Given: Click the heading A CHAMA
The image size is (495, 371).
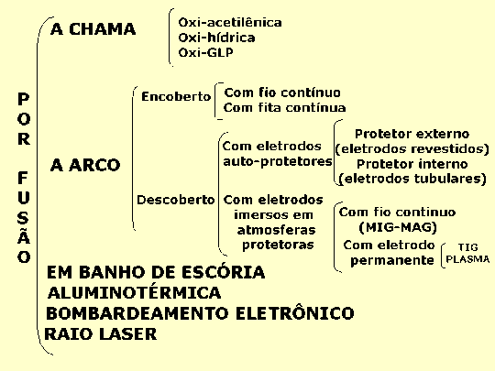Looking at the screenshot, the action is coord(93,29).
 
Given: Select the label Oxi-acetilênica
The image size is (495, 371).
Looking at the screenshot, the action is coord(230,22).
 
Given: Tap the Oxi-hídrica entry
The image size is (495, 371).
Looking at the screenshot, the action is coord(216,38).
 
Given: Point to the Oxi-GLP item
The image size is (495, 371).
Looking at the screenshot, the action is coord(206,52).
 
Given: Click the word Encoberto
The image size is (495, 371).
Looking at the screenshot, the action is coord(176,96).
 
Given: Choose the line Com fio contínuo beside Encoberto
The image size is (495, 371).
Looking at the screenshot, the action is coord(282,93).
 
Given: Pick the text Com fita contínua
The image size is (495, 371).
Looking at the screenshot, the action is coord(284,107).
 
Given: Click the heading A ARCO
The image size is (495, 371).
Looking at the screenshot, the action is coord(85,165).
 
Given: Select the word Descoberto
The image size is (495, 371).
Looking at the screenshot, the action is coord(175,200).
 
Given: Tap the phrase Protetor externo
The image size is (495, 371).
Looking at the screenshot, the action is coord(412,134).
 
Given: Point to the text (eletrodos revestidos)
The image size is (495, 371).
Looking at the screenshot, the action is coord(412,148).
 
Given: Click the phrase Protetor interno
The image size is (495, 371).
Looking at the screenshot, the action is coord(412,164).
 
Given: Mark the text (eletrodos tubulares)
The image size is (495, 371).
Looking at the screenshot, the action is coord(412,179).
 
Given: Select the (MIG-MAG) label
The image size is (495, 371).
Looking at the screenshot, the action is coord(398,227).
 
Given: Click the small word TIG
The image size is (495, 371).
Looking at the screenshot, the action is coord(467,247).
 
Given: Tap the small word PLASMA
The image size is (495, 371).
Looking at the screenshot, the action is coord(467,259).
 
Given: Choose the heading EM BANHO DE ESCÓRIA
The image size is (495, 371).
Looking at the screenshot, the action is coord(156,272).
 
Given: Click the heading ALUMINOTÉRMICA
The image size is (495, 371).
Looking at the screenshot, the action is coord(134,292).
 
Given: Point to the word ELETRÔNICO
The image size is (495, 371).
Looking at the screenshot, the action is coord(295,313).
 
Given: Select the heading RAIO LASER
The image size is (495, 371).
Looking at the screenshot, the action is coord(101,334).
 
